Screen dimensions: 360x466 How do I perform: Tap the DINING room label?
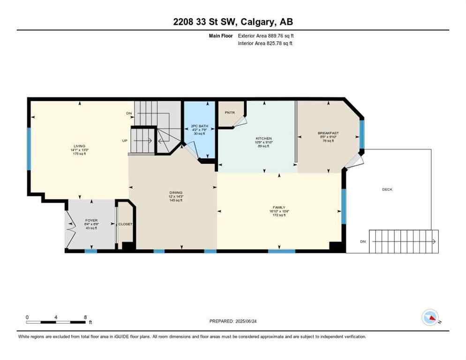click(x=176, y=192)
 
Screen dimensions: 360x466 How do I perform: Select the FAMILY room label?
click(x=279, y=207)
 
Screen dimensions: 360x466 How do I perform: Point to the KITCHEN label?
click(x=263, y=138)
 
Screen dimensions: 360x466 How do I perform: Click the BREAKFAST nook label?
click(x=328, y=133)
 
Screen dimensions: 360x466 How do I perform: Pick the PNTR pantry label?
click(x=230, y=112)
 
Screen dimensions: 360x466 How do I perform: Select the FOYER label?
click(x=91, y=220)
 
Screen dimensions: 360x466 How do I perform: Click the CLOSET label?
click(x=125, y=224)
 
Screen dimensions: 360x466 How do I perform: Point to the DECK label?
click(x=387, y=189)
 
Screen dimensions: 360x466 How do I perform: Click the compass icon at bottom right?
click(x=430, y=318)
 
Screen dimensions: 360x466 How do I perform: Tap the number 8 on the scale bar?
click(x=85, y=317)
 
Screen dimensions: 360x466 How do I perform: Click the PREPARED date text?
click(x=233, y=321)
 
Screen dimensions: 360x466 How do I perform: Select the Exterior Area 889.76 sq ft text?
click(x=266, y=35)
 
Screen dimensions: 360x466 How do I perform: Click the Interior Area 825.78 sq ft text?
click(x=266, y=43)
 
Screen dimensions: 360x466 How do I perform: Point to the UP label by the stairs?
click(x=125, y=140)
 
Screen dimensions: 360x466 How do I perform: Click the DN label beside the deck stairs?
click(x=362, y=241)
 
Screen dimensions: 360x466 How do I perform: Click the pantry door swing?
click(x=239, y=121)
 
